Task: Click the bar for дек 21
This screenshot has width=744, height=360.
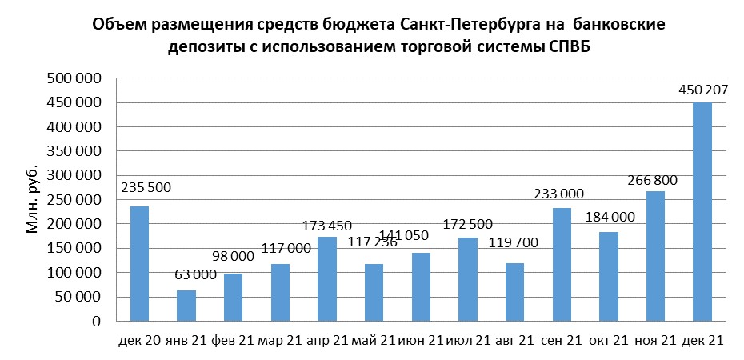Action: (702, 212)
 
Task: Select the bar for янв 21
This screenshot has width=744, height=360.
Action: (186, 306)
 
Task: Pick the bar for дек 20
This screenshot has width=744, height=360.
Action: (139, 264)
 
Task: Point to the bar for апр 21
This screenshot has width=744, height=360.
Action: (327, 279)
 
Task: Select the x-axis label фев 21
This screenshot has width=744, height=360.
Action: (233, 341)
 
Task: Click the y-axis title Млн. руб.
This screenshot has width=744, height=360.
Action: (33, 200)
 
